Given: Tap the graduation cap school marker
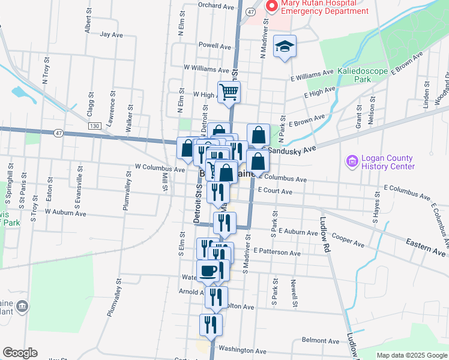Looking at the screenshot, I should tap(285, 46).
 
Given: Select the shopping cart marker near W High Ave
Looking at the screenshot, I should tap(229, 92).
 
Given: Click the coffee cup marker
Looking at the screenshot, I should tap(208, 271).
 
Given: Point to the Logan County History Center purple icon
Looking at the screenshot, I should tap(351, 161).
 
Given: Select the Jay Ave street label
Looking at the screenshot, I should tap(112, 34).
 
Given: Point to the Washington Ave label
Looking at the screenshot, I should tap(242, 350).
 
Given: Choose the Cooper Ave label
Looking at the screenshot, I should tap(348, 241).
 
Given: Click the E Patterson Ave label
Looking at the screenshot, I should tap(277, 253).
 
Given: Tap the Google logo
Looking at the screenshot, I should tap(20, 353).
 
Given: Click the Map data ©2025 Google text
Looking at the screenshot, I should tap(411, 355).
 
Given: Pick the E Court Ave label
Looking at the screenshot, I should tap(274, 191).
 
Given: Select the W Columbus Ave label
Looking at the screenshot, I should tap(160, 169).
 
